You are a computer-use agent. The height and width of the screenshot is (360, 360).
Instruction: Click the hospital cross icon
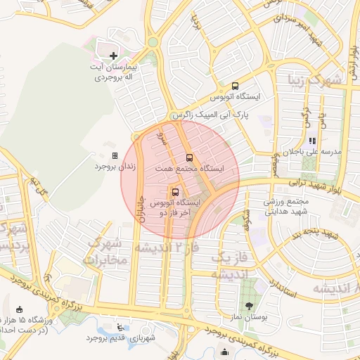[114, 55]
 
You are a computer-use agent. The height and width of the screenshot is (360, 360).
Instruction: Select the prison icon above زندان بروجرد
[115, 156]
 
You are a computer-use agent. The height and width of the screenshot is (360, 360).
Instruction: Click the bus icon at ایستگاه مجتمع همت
[188, 158]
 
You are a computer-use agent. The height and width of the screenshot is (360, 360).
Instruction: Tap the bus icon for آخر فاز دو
[174, 192]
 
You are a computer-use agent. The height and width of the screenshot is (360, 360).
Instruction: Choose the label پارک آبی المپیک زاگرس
[207, 113]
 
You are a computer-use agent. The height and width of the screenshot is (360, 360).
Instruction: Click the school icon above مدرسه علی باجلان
[312, 141]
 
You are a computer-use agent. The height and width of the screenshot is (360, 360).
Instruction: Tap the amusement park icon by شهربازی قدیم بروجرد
[120, 327]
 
